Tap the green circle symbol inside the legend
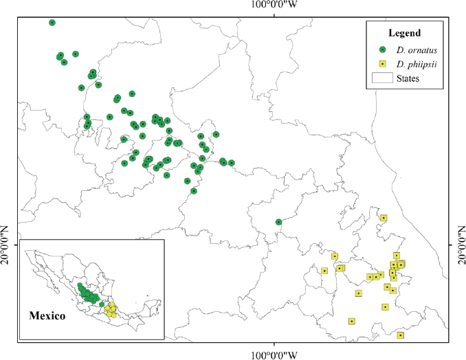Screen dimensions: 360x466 [381, 49]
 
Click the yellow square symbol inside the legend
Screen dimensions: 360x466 [381, 64]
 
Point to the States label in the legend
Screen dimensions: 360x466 [407, 78]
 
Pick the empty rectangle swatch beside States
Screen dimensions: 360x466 [381, 78]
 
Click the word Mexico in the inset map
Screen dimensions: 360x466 [47, 317]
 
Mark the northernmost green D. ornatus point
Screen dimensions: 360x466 [52, 23]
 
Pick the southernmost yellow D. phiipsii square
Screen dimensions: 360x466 [401, 335]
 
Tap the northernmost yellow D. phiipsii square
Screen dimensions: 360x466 [384, 218]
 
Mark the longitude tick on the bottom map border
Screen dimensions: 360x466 [275, 341]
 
